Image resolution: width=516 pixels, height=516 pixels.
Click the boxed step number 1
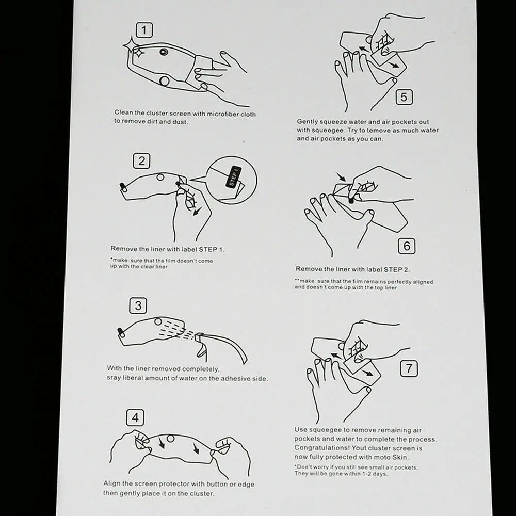(144, 30)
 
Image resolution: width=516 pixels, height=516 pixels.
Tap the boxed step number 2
(141, 161)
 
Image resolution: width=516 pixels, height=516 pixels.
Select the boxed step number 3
(138, 305)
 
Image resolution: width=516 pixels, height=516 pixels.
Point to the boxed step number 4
(135, 417)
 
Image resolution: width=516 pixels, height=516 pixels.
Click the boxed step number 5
(404, 97)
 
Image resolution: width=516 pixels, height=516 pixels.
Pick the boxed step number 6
(407, 246)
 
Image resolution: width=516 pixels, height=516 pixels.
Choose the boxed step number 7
(409, 368)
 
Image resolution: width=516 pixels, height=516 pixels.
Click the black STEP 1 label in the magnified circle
(234, 178)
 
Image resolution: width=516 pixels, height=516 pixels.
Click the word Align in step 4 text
(111, 484)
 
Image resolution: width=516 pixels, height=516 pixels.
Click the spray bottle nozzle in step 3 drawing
(198, 337)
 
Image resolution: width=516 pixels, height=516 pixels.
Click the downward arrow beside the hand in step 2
(198, 211)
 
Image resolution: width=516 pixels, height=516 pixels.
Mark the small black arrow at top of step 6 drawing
(341, 177)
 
